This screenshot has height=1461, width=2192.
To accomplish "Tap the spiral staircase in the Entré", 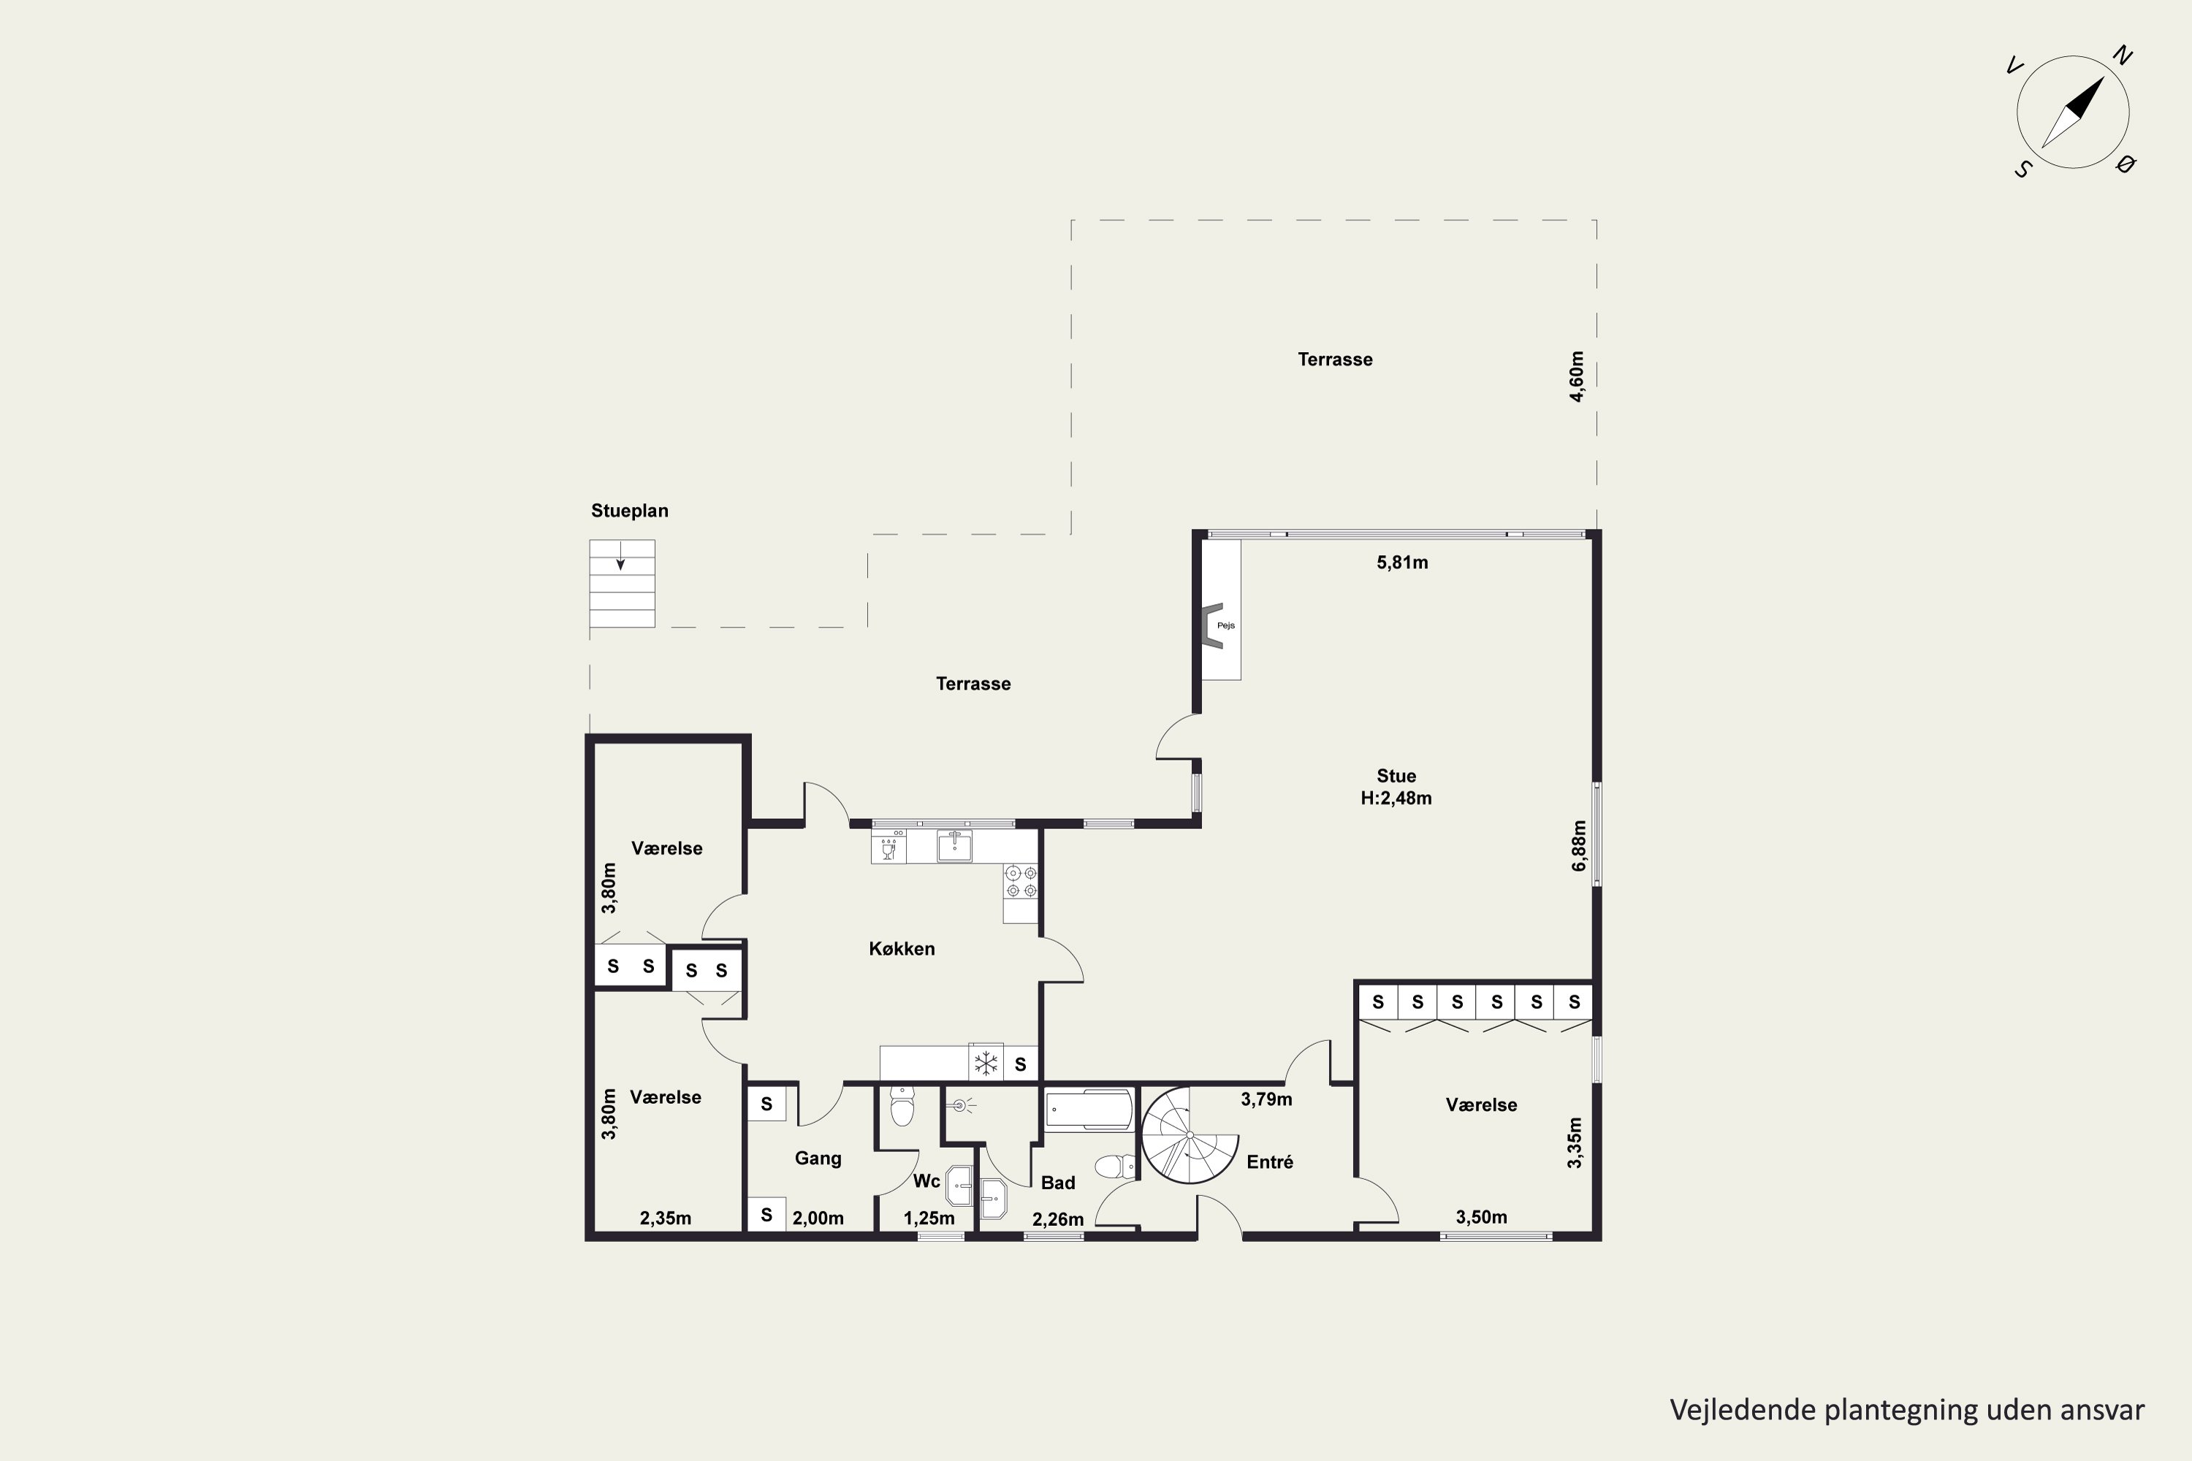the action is point(1190,1135).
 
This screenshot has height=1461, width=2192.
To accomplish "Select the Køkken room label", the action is point(901,948).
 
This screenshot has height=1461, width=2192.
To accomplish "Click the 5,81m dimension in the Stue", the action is point(1401,562).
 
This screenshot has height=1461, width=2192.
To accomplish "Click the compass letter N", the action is point(2122,56).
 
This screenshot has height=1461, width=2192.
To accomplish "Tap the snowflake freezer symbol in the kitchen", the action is point(986,1063).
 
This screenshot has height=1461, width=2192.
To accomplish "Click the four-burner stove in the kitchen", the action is point(1021,882).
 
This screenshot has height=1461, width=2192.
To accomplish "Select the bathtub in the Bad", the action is point(1089,1110).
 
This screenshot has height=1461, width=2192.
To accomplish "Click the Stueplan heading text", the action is point(629,511).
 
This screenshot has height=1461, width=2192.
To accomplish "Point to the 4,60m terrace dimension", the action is point(1576,376).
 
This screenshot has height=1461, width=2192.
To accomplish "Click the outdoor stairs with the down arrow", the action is point(622,583).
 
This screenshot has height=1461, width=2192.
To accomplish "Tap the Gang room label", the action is point(818,1158).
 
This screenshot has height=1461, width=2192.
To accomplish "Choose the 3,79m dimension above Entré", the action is point(1266,1099).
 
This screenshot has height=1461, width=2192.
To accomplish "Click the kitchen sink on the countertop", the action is point(954,846).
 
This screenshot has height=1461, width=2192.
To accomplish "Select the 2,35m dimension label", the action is point(666,1218).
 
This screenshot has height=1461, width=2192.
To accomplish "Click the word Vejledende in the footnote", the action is point(1743,1410).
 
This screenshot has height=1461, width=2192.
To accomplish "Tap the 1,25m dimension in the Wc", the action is point(929,1218).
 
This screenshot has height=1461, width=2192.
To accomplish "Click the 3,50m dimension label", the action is point(1481,1217).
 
